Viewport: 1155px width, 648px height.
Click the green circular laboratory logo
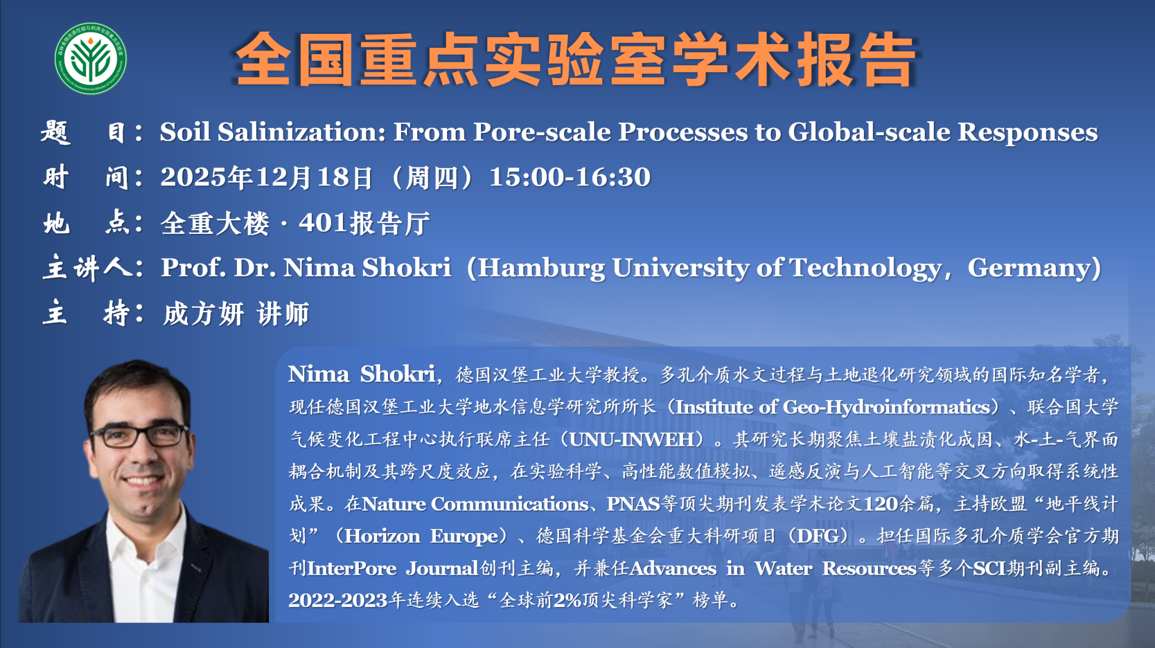coord(90,59)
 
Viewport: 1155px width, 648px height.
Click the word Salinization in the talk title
coord(301,132)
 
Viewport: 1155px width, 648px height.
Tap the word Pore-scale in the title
coord(542,132)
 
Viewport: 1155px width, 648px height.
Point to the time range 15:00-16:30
coord(570,177)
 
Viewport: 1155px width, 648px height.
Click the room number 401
coord(323,223)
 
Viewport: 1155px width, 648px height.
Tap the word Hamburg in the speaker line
coord(541,268)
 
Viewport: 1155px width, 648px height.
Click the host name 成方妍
coord(204,314)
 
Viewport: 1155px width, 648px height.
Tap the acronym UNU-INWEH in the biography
coord(631,440)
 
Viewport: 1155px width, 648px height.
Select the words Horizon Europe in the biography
coord(422,536)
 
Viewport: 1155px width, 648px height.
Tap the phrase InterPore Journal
coord(393,568)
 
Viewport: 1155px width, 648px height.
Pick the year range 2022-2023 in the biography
coord(338,600)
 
